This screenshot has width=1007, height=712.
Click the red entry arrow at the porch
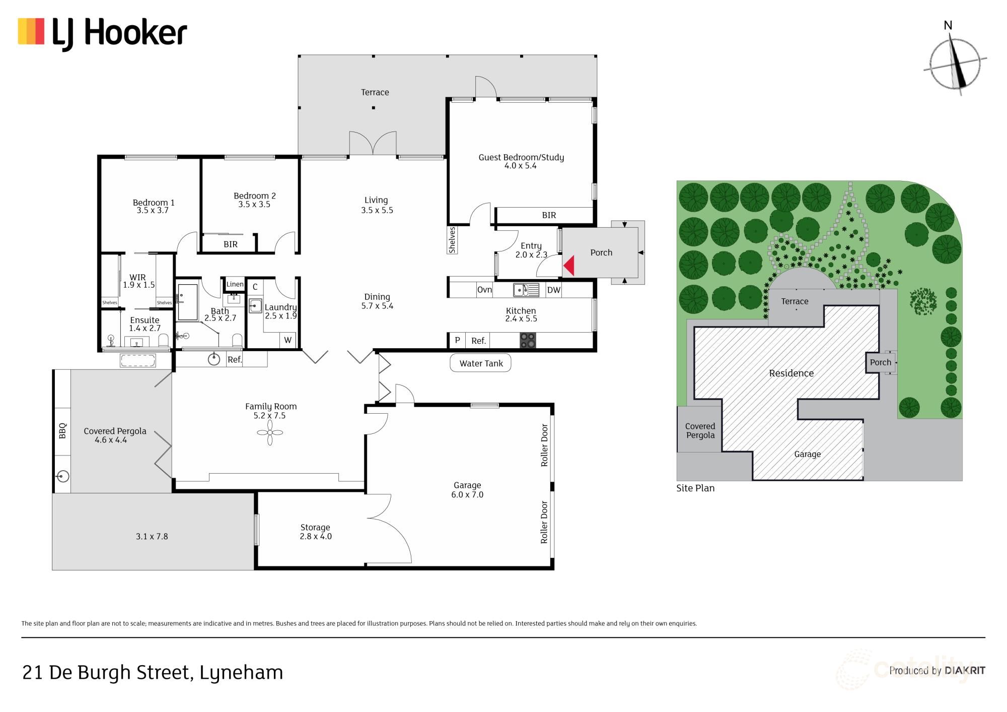tap(569, 266)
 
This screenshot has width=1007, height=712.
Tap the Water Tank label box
tap(480, 363)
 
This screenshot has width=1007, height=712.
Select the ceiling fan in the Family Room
tap(270, 433)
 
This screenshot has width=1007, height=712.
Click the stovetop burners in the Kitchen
tap(528, 341)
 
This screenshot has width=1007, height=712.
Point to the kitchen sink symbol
tap(526, 290)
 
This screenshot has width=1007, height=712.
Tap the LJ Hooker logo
tap(103, 33)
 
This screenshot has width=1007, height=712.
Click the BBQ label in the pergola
tap(62, 431)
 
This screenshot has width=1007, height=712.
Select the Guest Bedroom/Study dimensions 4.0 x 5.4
tap(521, 166)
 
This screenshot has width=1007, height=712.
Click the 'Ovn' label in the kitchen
tap(484, 290)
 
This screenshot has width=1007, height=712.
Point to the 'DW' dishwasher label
tap(553, 290)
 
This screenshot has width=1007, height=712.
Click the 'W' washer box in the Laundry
tap(287, 340)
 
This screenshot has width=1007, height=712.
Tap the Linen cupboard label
tap(235, 284)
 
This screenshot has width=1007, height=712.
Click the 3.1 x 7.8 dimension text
tap(152, 536)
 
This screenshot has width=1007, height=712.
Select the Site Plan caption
tap(695, 488)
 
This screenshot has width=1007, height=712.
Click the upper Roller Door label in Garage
tap(544, 445)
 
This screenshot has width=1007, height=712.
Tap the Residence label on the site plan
tap(791, 373)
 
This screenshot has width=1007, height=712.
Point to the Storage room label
tap(315, 527)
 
